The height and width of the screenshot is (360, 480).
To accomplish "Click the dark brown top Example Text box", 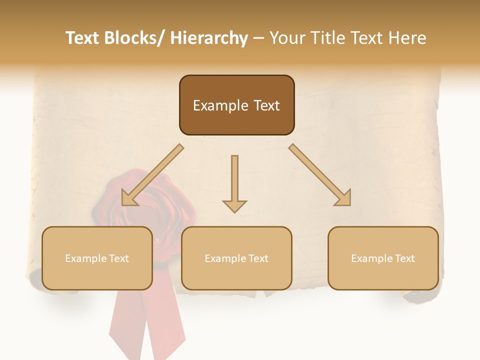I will click(236, 105).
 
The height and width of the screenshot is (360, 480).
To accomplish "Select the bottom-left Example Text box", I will click(97, 258).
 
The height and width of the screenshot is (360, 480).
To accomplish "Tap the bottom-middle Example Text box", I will click(236, 258).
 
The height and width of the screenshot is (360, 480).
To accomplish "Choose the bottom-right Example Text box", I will click(383, 258).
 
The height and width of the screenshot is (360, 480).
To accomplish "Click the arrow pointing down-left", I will click(152, 175).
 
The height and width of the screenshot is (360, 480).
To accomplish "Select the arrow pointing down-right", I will click(320, 175).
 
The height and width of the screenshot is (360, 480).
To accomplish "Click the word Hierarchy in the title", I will click(209, 38).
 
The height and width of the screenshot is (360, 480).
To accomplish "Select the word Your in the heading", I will click(287, 38).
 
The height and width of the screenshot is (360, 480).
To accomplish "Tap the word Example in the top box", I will click(220, 105).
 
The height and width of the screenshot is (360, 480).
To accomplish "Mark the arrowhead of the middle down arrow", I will click(234, 205).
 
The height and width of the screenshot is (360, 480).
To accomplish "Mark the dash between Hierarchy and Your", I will click(258, 38).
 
